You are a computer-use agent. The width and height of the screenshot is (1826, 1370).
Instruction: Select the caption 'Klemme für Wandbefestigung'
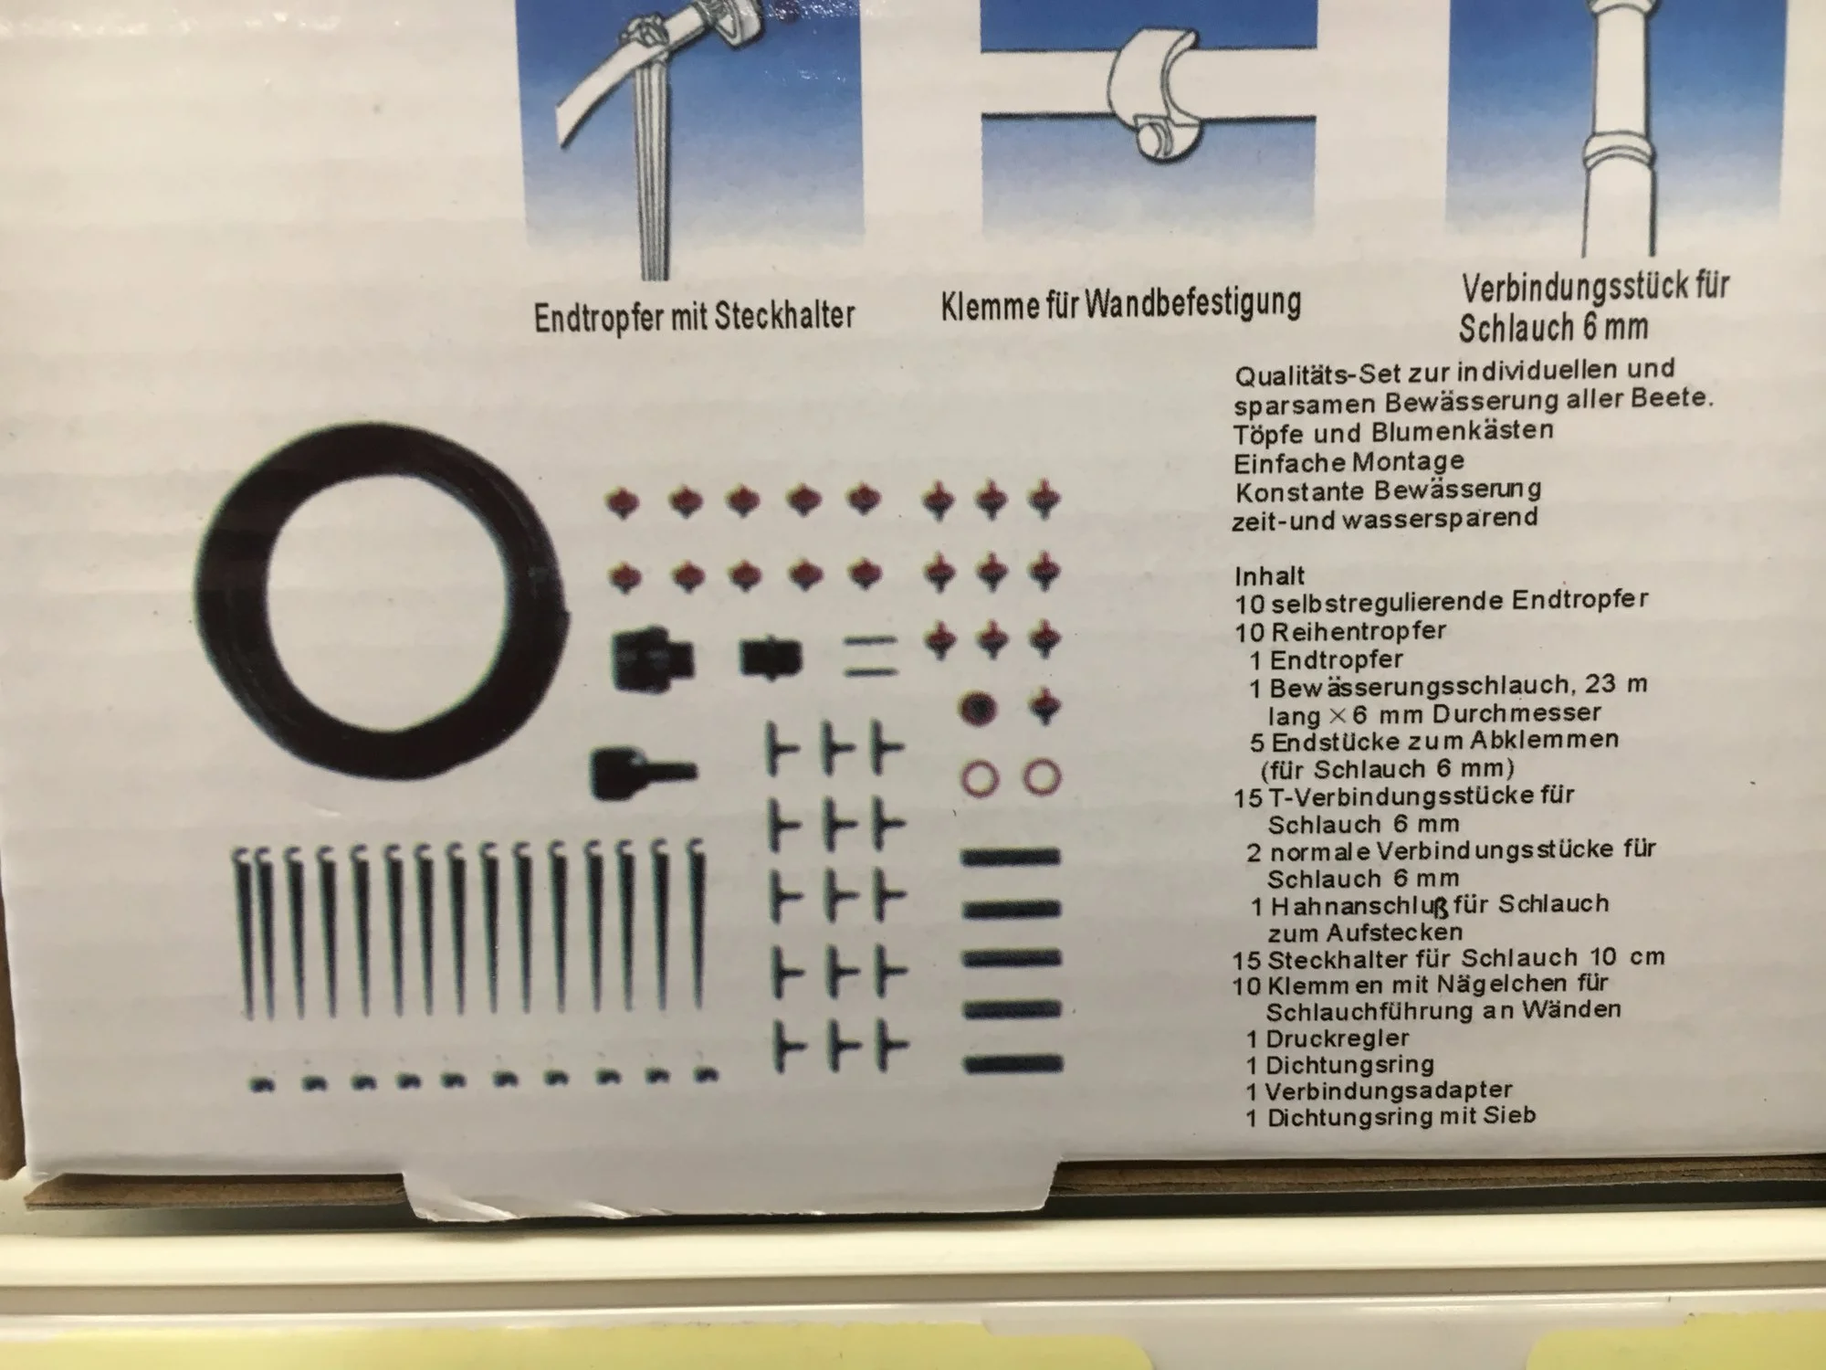1120,303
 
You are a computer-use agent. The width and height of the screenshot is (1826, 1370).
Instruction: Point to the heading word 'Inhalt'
1270,576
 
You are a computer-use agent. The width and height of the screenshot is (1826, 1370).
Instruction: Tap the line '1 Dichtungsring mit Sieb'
1390,1116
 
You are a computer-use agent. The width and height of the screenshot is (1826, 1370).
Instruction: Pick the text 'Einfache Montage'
1349,461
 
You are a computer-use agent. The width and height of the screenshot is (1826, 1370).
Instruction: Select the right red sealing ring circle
1042,776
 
